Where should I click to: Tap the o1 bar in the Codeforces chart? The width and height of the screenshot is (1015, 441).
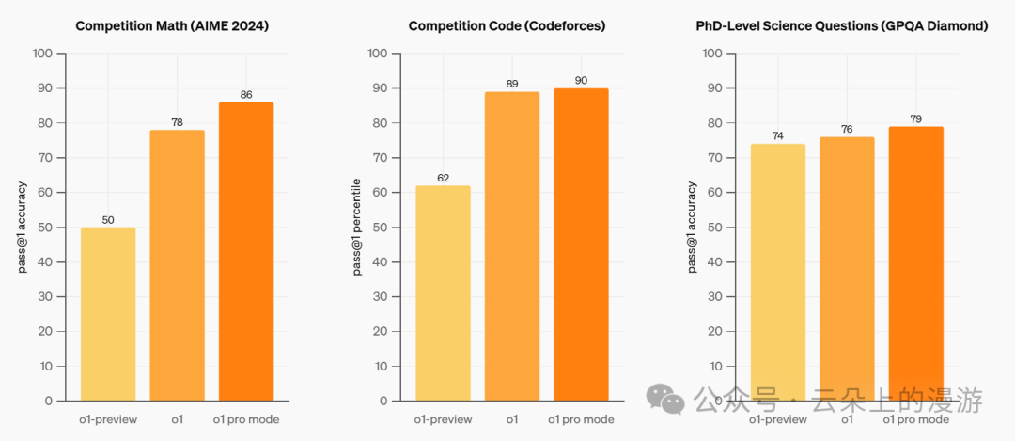[512, 245]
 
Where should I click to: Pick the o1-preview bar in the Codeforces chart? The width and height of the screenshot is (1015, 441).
[443, 292]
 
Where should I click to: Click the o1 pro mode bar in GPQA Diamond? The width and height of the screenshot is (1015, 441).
[915, 263]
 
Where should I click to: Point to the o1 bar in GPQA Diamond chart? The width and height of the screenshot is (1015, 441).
[847, 268]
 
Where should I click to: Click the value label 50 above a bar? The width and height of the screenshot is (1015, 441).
[108, 220]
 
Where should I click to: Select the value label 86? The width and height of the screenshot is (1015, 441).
[246, 95]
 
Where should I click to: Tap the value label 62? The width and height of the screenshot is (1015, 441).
[443, 178]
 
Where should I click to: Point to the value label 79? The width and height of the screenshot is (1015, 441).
[915, 119]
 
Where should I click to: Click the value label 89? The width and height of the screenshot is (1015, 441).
[512, 85]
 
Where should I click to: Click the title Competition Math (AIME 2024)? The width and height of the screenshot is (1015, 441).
[172, 26]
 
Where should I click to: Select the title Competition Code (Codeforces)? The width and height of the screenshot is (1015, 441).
[507, 26]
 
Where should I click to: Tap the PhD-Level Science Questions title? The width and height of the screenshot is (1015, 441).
[840, 26]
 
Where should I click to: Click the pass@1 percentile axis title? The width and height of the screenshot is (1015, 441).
[357, 227]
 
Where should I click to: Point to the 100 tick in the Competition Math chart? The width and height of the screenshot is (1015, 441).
[42, 54]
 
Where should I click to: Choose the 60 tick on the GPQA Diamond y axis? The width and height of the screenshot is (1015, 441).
[713, 193]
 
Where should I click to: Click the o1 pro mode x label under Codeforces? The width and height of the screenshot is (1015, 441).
[581, 419]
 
